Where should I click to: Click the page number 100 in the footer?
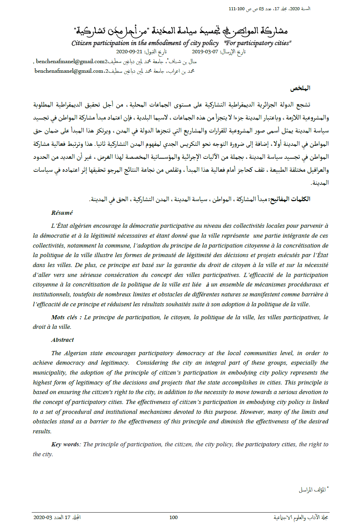point(173,517)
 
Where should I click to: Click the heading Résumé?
point(62,213)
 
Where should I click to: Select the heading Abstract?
point(62,340)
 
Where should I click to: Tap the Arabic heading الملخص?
point(300,88)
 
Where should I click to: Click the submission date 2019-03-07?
point(205,52)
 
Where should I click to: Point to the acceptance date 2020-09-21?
point(129,52)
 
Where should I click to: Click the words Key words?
point(65,444)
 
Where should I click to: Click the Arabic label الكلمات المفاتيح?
point(290,199)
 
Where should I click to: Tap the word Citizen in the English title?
point(82,43)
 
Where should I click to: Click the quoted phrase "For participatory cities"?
point(258,43)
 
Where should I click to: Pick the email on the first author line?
point(71,61)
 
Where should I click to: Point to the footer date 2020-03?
point(43,517)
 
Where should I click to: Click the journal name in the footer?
point(301,517)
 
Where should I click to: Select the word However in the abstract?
point(253,412)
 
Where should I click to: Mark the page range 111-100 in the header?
point(236,9)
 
